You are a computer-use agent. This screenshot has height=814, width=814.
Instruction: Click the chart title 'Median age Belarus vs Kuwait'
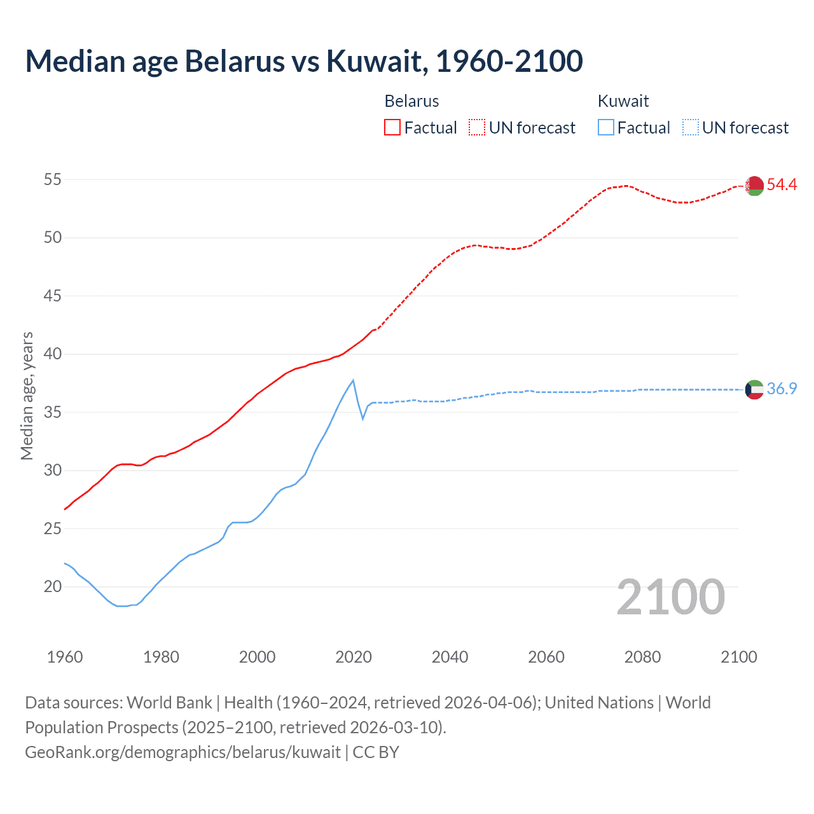click(303, 61)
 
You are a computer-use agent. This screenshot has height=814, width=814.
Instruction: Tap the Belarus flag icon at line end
click(754, 186)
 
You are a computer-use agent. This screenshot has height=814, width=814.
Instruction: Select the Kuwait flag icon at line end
click(754, 389)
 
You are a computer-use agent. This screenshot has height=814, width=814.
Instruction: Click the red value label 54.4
click(782, 185)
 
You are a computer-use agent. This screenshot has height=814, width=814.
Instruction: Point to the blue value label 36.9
click(782, 389)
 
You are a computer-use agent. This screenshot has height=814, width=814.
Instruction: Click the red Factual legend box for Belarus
click(392, 128)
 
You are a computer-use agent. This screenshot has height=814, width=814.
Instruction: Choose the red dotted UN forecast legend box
click(477, 128)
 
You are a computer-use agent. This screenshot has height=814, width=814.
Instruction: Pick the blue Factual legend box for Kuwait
click(606, 128)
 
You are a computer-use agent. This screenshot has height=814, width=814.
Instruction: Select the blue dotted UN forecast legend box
click(691, 128)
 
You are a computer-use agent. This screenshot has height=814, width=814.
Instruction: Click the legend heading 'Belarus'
click(411, 101)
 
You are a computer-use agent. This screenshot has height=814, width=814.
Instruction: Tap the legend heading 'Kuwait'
click(623, 101)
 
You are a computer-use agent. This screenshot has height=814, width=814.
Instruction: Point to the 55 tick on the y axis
click(52, 180)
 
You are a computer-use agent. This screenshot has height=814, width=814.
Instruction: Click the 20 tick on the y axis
click(52, 587)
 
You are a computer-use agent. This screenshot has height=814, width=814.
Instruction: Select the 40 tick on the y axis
click(52, 354)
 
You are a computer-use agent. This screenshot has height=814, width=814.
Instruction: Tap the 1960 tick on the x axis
click(65, 657)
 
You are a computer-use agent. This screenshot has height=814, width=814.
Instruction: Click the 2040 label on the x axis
click(450, 657)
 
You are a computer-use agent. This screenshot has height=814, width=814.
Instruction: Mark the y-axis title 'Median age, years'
click(27, 396)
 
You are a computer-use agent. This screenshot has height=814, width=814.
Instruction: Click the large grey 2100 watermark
click(670, 597)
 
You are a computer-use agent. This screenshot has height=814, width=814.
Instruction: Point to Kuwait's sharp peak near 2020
click(353, 381)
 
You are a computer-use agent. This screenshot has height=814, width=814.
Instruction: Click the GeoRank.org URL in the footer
click(183, 752)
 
